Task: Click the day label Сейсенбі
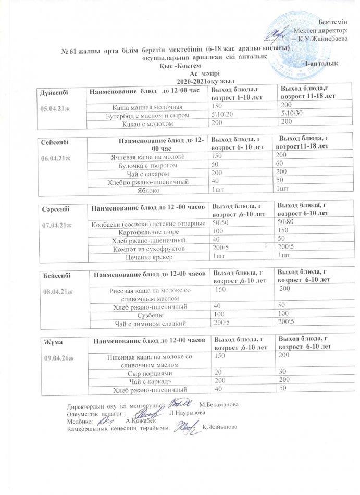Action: point(55,142)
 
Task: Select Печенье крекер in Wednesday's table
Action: point(176,256)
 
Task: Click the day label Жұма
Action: point(51,342)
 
